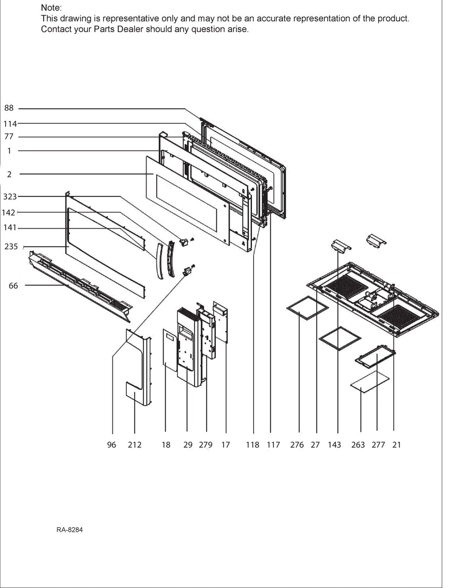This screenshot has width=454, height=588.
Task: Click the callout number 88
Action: tap(9, 108)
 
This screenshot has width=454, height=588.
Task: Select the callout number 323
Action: tap(10, 196)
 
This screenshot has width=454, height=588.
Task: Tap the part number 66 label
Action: tap(13, 285)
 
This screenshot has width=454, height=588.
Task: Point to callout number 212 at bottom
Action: tap(134, 444)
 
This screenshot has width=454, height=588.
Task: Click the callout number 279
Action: tap(205, 444)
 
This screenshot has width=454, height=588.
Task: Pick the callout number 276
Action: tap(297, 444)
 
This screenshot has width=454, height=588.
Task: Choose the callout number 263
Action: tap(358, 444)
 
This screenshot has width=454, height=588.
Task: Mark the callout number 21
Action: tap(396, 444)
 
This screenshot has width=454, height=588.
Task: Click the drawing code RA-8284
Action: tap(70, 529)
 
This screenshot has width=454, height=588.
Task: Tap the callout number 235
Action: tap(11, 246)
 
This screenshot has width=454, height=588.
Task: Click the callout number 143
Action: tap(334, 444)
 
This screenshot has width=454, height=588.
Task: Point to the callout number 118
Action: tap(253, 444)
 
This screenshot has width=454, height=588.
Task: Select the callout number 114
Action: tap(10, 123)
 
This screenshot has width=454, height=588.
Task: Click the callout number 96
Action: tap(112, 444)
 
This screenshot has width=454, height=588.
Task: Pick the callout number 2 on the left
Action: tap(9, 173)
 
